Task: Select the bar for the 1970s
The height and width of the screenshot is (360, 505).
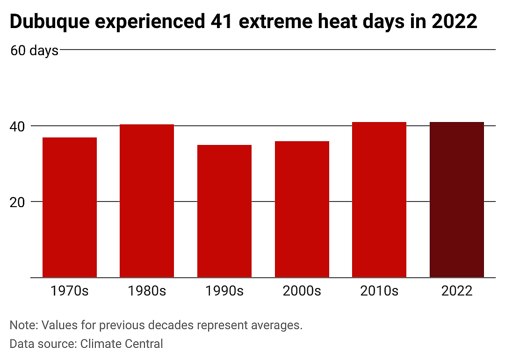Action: pos(70,208)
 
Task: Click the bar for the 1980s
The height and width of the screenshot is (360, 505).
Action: pos(147,201)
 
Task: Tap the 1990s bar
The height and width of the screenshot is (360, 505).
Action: pos(224,211)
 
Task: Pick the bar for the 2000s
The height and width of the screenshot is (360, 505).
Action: pos(302,209)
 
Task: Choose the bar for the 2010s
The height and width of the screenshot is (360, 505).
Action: pos(379,200)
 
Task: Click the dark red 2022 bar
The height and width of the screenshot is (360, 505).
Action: pos(457,200)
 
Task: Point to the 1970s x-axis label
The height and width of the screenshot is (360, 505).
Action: pos(70,291)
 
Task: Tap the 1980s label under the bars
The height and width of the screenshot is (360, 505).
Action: pos(147,291)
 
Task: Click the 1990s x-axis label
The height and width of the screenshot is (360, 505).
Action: pos(224,291)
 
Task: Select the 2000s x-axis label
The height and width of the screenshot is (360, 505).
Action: pos(302,291)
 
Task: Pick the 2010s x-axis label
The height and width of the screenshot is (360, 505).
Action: pos(379,291)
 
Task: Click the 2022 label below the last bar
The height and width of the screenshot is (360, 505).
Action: pos(457,291)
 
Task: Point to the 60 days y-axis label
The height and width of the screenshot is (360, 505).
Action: pos(35,50)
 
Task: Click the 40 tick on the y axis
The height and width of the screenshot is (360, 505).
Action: pos(17,127)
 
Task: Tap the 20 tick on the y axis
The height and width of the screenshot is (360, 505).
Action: pos(17,202)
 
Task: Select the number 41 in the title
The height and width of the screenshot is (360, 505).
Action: pos(222,21)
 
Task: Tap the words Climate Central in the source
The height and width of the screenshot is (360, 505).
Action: pos(122,344)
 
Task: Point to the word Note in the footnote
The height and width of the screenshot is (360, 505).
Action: pos(24,325)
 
